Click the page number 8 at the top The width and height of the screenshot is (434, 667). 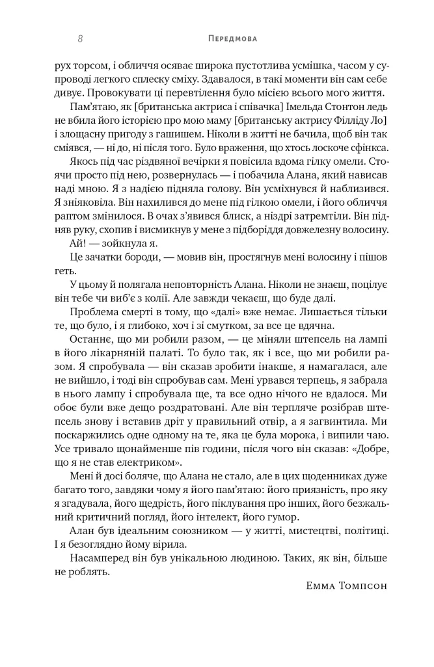pos(79,39)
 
